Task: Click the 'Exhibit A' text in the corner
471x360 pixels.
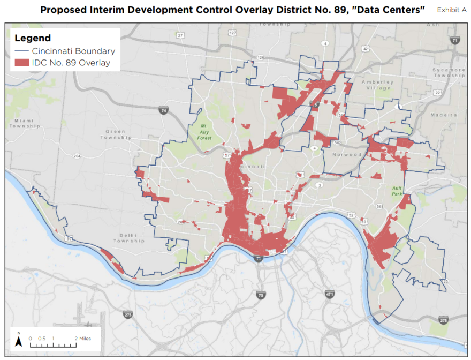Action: click(451, 10)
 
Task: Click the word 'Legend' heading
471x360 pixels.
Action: click(33, 38)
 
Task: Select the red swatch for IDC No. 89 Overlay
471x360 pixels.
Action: click(21, 63)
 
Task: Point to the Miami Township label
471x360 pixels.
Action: click(25, 123)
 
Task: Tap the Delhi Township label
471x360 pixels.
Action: click(128, 237)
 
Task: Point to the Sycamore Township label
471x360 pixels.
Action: click(449, 73)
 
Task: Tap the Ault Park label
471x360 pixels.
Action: click(397, 190)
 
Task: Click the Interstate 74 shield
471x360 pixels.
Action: click(163, 110)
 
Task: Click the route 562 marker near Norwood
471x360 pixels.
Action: click(337, 144)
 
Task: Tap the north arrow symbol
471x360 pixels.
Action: click(18, 340)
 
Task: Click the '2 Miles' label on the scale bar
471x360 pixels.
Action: click(82, 339)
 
